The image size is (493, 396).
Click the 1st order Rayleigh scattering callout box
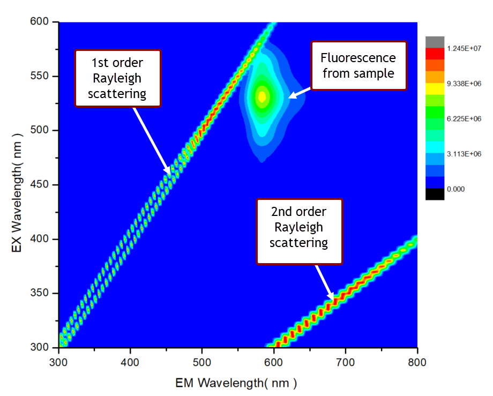pyautogui.click(x=118, y=78)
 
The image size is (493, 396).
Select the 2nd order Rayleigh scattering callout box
pyautogui.click(x=299, y=231)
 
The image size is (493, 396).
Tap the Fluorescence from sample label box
pyautogui.click(x=358, y=66)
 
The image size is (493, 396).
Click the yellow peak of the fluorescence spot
pyautogui.click(x=262, y=97)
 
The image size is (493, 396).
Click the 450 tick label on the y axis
pyautogui.click(x=39, y=184)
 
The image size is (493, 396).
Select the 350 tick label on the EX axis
pyautogui.click(x=39, y=293)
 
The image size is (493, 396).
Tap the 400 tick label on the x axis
pyautogui.click(x=130, y=362)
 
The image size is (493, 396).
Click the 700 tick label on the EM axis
pyautogui.click(x=345, y=362)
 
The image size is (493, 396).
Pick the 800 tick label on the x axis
pyautogui.click(x=417, y=362)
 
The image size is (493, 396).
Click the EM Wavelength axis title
pyautogui.click(x=236, y=383)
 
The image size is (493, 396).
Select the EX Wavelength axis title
pyautogui.click(x=17, y=193)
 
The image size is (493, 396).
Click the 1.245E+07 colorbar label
pyautogui.click(x=464, y=48)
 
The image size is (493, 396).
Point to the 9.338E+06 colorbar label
pyautogui.click(x=464, y=84)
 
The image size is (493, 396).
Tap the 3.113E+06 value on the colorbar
pyautogui.click(x=464, y=154)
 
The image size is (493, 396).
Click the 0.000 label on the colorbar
pyautogui.click(x=455, y=189)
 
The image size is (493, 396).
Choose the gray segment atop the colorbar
pyautogui.click(x=435, y=42)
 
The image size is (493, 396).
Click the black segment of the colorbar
pyautogui.click(x=435, y=194)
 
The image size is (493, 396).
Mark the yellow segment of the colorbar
pyautogui.click(x=435, y=88)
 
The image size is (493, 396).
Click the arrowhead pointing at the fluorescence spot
pyautogui.click(x=292, y=96)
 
